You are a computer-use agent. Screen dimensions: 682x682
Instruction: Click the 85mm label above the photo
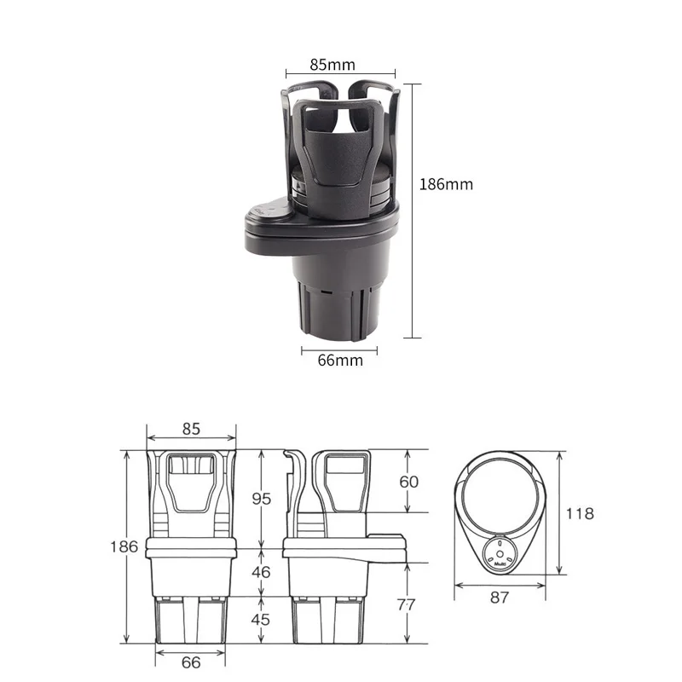(332, 65)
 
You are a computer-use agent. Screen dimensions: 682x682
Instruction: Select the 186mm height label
(446, 184)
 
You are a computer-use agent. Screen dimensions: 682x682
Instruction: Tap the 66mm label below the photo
(340, 360)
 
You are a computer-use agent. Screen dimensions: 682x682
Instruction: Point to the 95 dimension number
(262, 499)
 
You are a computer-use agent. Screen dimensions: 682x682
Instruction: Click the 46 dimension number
(261, 572)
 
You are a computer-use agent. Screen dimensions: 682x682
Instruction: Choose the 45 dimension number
(261, 620)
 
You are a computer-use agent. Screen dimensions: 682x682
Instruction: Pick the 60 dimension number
(409, 482)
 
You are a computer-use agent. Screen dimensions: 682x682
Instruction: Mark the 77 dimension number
(407, 604)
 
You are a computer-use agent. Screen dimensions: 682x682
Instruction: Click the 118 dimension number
(580, 514)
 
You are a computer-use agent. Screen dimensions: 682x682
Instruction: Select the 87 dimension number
(500, 598)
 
